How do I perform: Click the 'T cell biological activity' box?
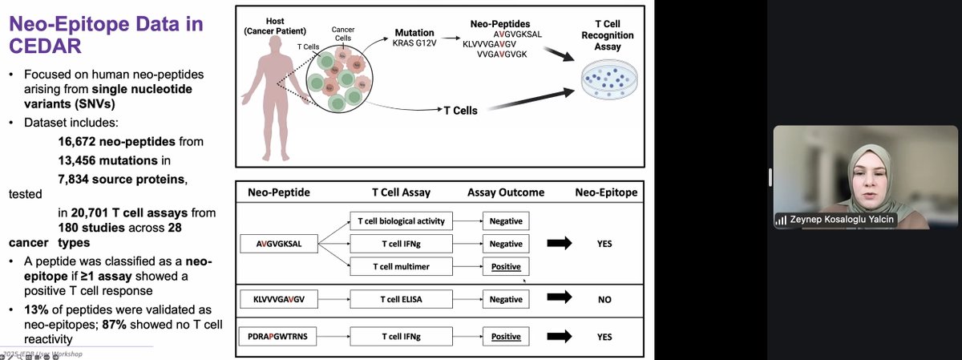pyautogui.click(x=402, y=220)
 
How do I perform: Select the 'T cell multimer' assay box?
pyautogui.click(x=402, y=266)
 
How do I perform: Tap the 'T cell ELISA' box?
pyautogui.click(x=402, y=299)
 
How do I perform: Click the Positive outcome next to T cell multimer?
pyautogui.click(x=506, y=266)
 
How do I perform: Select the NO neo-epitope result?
pyautogui.click(x=604, y=299)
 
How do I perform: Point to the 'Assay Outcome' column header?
pyautogui.click(x=505, y=192)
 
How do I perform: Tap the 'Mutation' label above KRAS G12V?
pyautogui.click(x=414, y=33)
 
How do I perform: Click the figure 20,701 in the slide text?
pyautogui.click(x=90, y=212)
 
